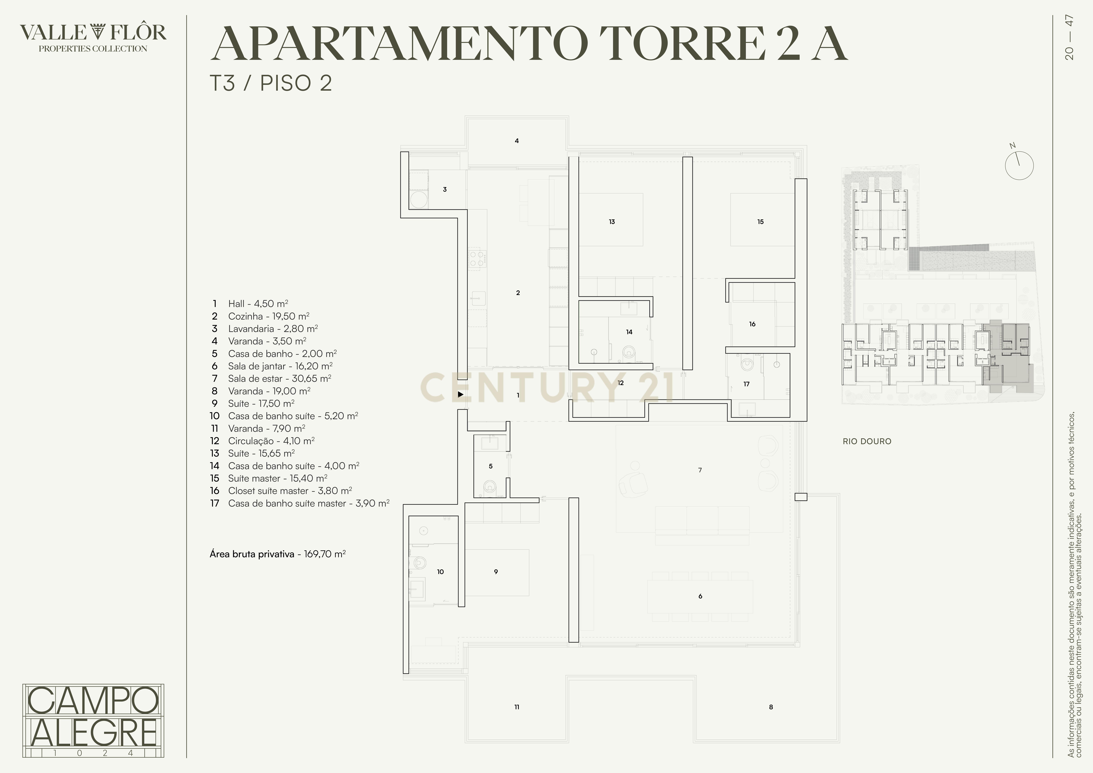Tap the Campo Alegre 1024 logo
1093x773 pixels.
[x=93, y=720]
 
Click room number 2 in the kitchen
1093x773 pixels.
[x=518, y=293]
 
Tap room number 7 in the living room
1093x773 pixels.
[x=700, y=470]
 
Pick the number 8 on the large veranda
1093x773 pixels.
[x=771, y=707]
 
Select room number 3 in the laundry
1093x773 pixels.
[x=445, y=190]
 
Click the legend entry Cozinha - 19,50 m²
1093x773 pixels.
[x=268, y=316]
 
